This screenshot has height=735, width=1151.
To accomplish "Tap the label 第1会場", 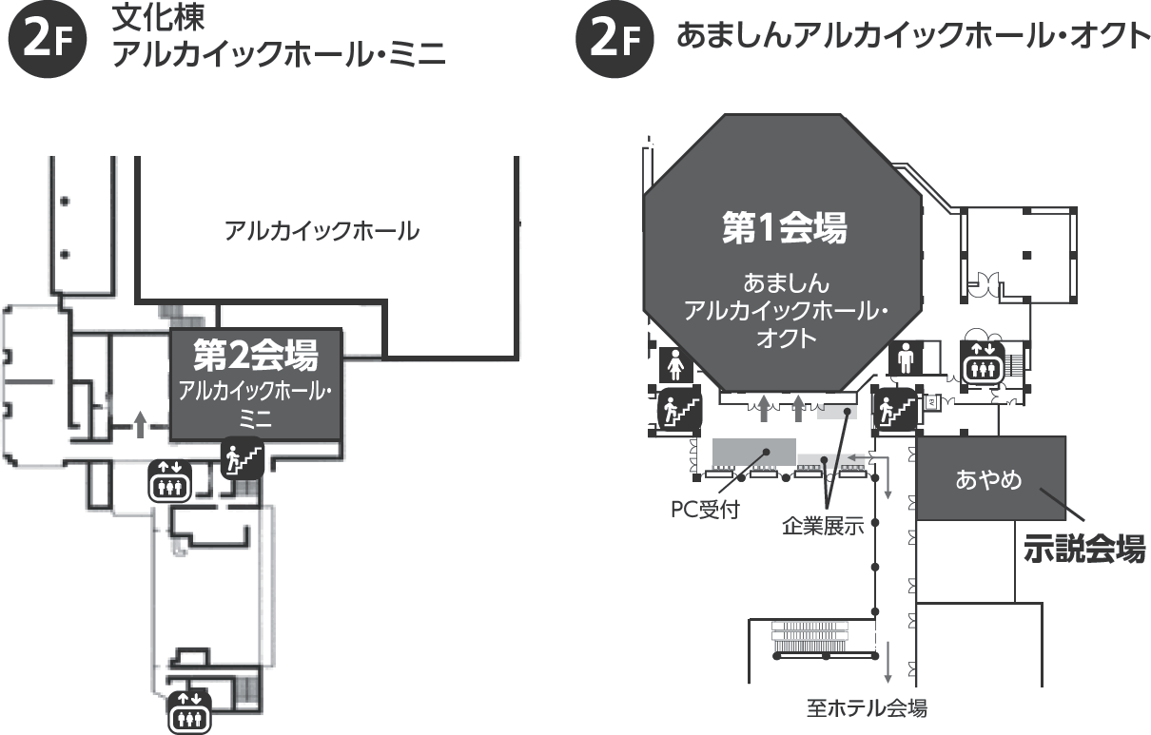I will (783, 229).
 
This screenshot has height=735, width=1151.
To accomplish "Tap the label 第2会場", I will (255, 355).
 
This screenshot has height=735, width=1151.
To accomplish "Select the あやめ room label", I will (988, 479).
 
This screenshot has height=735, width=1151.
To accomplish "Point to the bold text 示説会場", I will (1083, 550).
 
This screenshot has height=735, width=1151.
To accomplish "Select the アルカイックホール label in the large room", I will (322, 231).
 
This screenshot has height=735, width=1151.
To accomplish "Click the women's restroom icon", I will (676, 363).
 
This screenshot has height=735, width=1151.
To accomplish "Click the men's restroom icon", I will (906, 360).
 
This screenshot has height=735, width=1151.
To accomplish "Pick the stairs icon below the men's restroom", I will (894, 410).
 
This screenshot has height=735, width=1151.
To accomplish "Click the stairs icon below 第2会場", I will (242, 458).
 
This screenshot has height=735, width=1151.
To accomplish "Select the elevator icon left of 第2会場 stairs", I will (170, 481).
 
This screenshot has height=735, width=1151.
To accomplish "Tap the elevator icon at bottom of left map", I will (189, 711).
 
